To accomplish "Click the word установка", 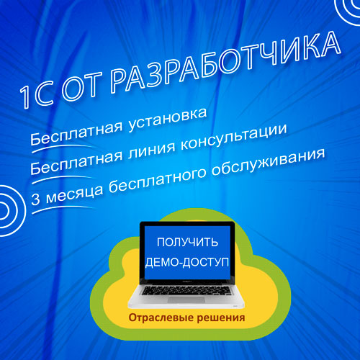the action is pyautogui.click(x=167, y=120).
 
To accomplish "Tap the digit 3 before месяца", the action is pyautogui.click(x=35, y=199).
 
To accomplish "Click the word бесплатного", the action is pyautogui.click(x=157, y=179).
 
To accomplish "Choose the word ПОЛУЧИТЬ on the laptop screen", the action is pyautogui.click(x=187, y=242).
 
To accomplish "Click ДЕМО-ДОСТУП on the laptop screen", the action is pyautogui.click(x=187, y=262).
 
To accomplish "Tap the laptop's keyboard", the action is pyautogui.click(x=186, y=290).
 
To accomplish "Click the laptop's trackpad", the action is pyautogui.click(x=186, y=300).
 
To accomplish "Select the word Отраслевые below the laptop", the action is pyautogui.click(x=161, y=318).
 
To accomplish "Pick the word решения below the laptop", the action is pyautogui.click(x=221, y=318).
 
